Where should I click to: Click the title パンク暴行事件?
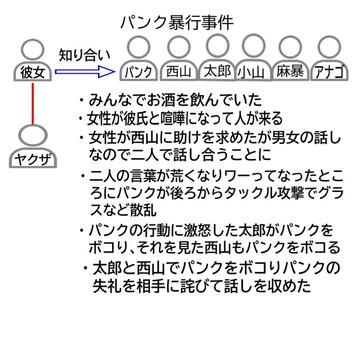(176, 23)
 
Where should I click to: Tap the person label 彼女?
(32, 73)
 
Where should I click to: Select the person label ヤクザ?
(33, 161)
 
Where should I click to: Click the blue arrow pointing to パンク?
(84, 71)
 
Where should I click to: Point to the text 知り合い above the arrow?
(84, 55)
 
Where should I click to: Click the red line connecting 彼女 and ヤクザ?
(33, 103)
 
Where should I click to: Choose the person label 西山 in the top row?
(178, 72)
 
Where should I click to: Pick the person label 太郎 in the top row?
(217, 71)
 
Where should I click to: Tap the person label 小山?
(253, 72)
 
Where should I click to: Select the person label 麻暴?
(289, 72)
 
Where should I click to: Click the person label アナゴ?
(329, 72)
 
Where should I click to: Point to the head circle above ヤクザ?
(33, 137)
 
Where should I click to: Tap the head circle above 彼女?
(32, 49)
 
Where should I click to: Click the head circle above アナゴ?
(329, 47)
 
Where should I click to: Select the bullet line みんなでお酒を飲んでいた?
(175, 101)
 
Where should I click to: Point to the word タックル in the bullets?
(225, 192)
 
